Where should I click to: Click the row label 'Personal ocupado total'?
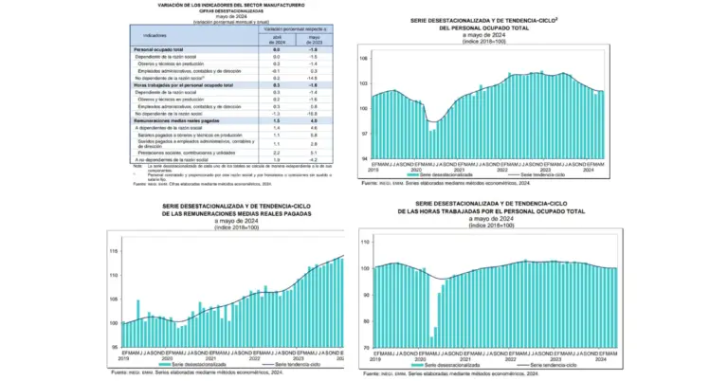(x=158, y=48)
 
